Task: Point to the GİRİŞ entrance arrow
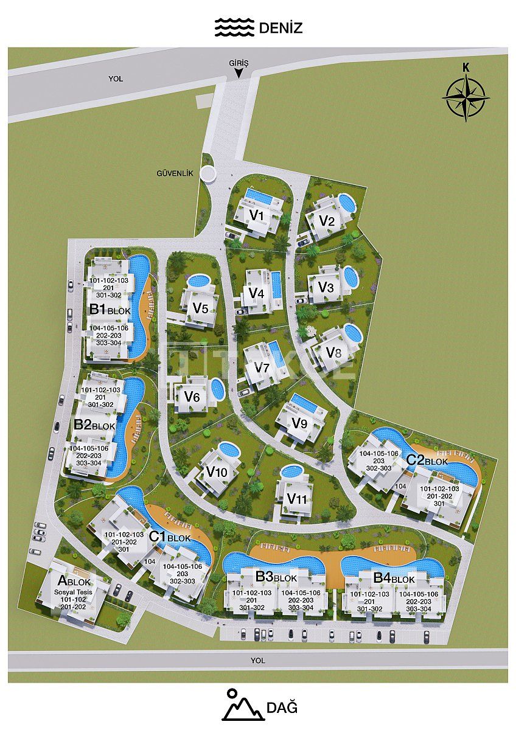[239, 72]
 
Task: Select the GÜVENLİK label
[175, 173]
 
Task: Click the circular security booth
[209, 174]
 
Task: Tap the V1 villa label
[256, 215]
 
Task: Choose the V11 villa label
[296, 499]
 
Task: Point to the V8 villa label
[333, 352]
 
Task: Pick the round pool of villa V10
[229, 450]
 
